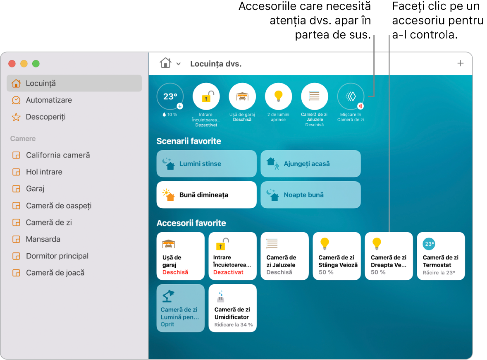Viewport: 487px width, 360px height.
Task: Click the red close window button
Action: coord(12,64)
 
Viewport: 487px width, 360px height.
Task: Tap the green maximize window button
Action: coord(36,64)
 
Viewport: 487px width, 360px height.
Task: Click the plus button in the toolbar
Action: coord(460,63)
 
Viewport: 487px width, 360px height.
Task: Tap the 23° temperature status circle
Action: coord(170,96)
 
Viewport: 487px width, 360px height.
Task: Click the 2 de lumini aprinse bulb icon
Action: coord(278,96)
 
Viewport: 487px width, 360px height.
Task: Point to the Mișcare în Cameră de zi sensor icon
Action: coord(351,96)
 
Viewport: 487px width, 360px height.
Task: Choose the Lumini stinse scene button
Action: coord(207,163)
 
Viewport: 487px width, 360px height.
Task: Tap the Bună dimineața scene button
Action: coord(207,194)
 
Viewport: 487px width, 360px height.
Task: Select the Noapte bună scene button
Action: coord(310,194)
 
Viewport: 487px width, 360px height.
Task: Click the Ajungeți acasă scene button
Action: coord(310,163)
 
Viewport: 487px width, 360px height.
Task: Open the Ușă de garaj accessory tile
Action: coord(180,256)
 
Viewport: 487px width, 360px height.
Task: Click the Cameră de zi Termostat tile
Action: coord(441,256)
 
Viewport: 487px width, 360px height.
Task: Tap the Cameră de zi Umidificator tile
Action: coord(233,308)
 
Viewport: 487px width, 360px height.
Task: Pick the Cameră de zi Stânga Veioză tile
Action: coord(337,256)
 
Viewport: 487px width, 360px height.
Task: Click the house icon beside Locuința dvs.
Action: coord(165,63)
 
